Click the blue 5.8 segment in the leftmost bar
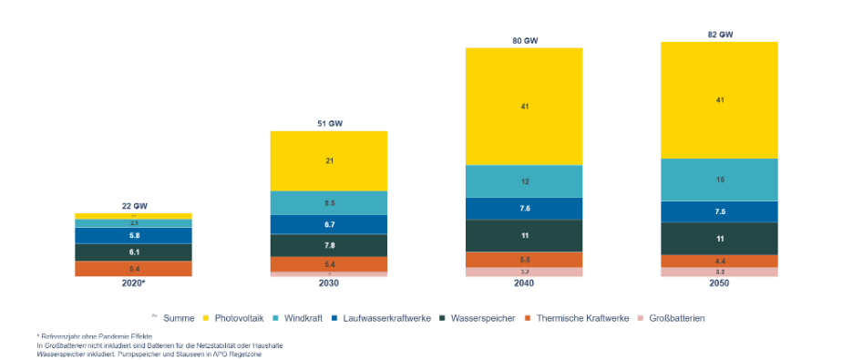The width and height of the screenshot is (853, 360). click(x=133, y=235)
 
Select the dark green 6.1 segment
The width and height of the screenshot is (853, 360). click(x=133, y=252)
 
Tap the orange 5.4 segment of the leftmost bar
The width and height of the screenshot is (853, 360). click(x=133, y=269)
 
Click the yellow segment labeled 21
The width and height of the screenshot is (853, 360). click(x=328, y=160)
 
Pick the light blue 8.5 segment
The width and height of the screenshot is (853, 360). click(x=328, y=202)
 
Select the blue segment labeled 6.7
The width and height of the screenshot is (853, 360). click(x=328, y=224)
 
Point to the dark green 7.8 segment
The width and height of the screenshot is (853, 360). click(x=328, y=245)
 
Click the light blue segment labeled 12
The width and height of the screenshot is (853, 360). click(x=524, y=181)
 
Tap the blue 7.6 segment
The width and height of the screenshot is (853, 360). click(x=524, y=209)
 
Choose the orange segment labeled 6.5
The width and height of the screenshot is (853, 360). click(x=524, y=260)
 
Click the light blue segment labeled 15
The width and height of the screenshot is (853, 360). click(x=719, y=180)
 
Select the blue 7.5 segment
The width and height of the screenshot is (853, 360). click(x=719, y=211)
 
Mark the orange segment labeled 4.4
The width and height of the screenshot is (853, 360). click(x=719, y=261)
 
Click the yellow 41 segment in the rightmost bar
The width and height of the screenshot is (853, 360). click(x=719, y=99)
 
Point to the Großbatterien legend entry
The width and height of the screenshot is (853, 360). click(x=671, y=317)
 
